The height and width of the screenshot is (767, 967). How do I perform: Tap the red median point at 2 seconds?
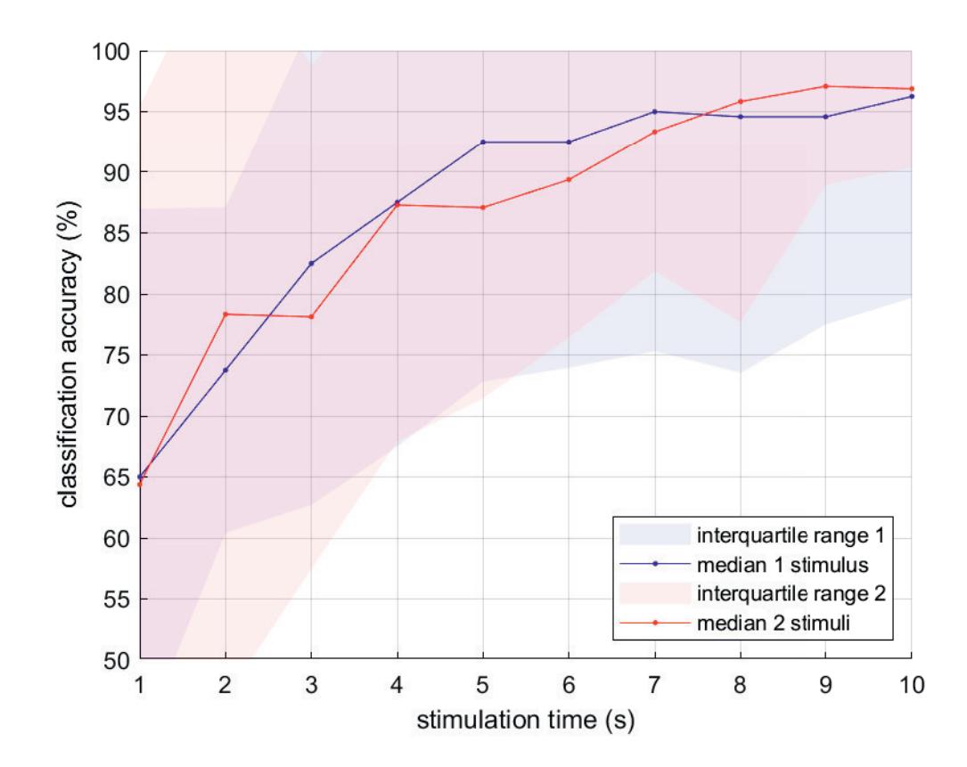[226, 314]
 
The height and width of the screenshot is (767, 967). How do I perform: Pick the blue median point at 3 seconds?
[312, 264]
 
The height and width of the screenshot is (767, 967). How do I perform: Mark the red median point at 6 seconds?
[569, 179]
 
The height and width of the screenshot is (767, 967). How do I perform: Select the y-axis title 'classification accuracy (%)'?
[72, 355]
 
